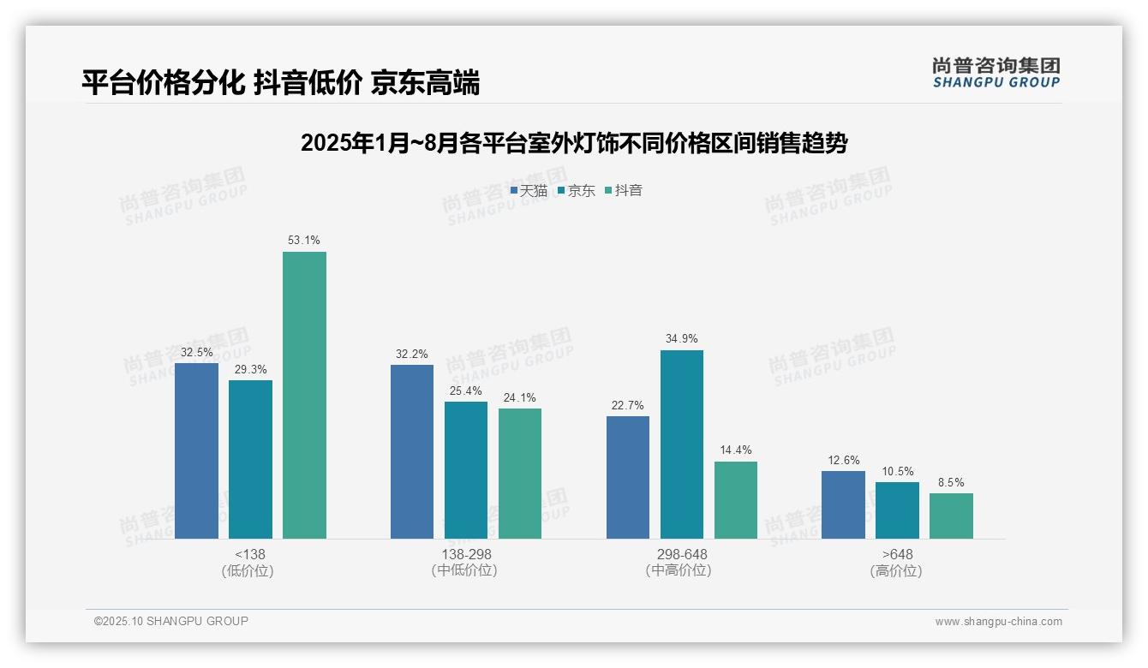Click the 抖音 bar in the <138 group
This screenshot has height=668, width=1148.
pyautogui.click(x=304, y=395)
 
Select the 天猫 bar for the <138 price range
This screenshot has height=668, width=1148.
pyautogui.click(x=196, y=450)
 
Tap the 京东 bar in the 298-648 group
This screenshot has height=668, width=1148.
pyautogui.click(x=681, y=444)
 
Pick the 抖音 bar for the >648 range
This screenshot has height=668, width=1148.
pyautogui.click(x=951, y=516)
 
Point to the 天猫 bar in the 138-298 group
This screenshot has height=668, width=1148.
pyautogui.click(x=412, y=451)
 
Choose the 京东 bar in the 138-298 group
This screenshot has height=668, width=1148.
pyautogui.click(x=466, y=470)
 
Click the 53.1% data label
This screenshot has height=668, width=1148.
pyautogui.click(x=304, y=241)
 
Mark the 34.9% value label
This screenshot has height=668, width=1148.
pyautogui.click(x=681, y=339)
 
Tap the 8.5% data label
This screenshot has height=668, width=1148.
pyautogui.click(x=951, y=482)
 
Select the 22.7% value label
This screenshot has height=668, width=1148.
pyautogui.click(x=627, y=405)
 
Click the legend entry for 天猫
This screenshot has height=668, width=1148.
pyautogui.click(x=529, y=191)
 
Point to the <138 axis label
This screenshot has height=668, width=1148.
pyautogui.click(x=250, y=555)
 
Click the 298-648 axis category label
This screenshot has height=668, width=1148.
pyautogui.click(x=681, y=555)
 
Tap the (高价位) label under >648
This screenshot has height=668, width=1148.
pyautogui.click(x=896, y=571)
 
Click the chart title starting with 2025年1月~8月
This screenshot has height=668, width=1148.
pyautogui.click(x=574, y=143)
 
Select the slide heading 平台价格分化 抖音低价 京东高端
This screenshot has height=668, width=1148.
pyautogui.click(x=281, y=83)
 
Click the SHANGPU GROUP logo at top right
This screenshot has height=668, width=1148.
pyautogui.click(x=996, y=73)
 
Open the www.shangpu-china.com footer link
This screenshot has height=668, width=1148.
pyautogui.click(x=998, y=622)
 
